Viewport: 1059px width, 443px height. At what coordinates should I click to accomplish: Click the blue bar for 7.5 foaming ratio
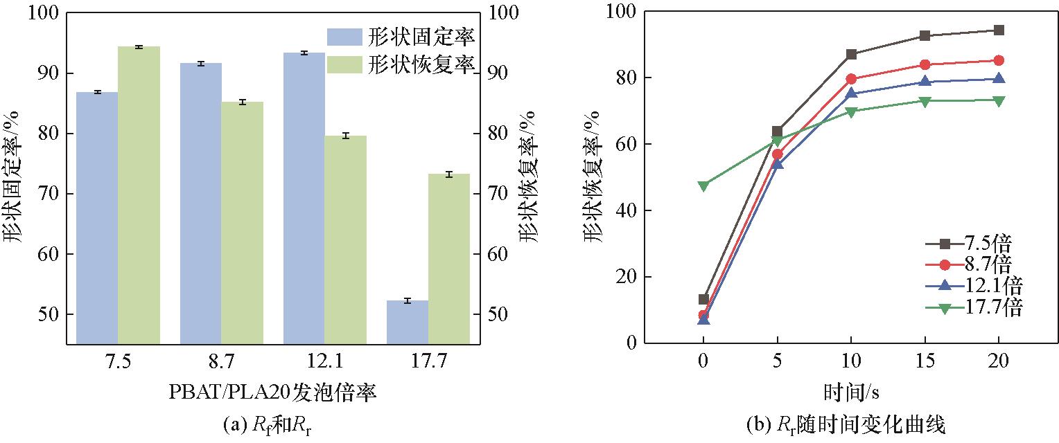pos(97,217)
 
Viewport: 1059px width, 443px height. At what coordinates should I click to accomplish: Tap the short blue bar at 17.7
pos(408,321)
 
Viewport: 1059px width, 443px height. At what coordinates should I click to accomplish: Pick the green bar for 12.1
pos(345,239)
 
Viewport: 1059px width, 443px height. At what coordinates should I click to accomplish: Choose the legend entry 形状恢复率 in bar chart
pos(400,64)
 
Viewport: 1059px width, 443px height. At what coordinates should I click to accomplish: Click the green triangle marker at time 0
pos(703,186)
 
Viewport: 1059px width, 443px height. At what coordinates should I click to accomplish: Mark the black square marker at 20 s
pos(999,30)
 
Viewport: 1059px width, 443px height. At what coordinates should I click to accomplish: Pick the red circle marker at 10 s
pos(851,79)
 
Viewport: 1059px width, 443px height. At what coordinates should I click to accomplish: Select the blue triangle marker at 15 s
pos(925,82)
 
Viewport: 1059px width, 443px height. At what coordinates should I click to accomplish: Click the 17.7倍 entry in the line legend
pos(974,307)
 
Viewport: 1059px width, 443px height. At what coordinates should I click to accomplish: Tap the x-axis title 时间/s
pos(851,392)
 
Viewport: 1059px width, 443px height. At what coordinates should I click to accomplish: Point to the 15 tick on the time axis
pos(925,361)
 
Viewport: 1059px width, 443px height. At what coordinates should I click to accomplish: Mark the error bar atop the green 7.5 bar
pos(139,47)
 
